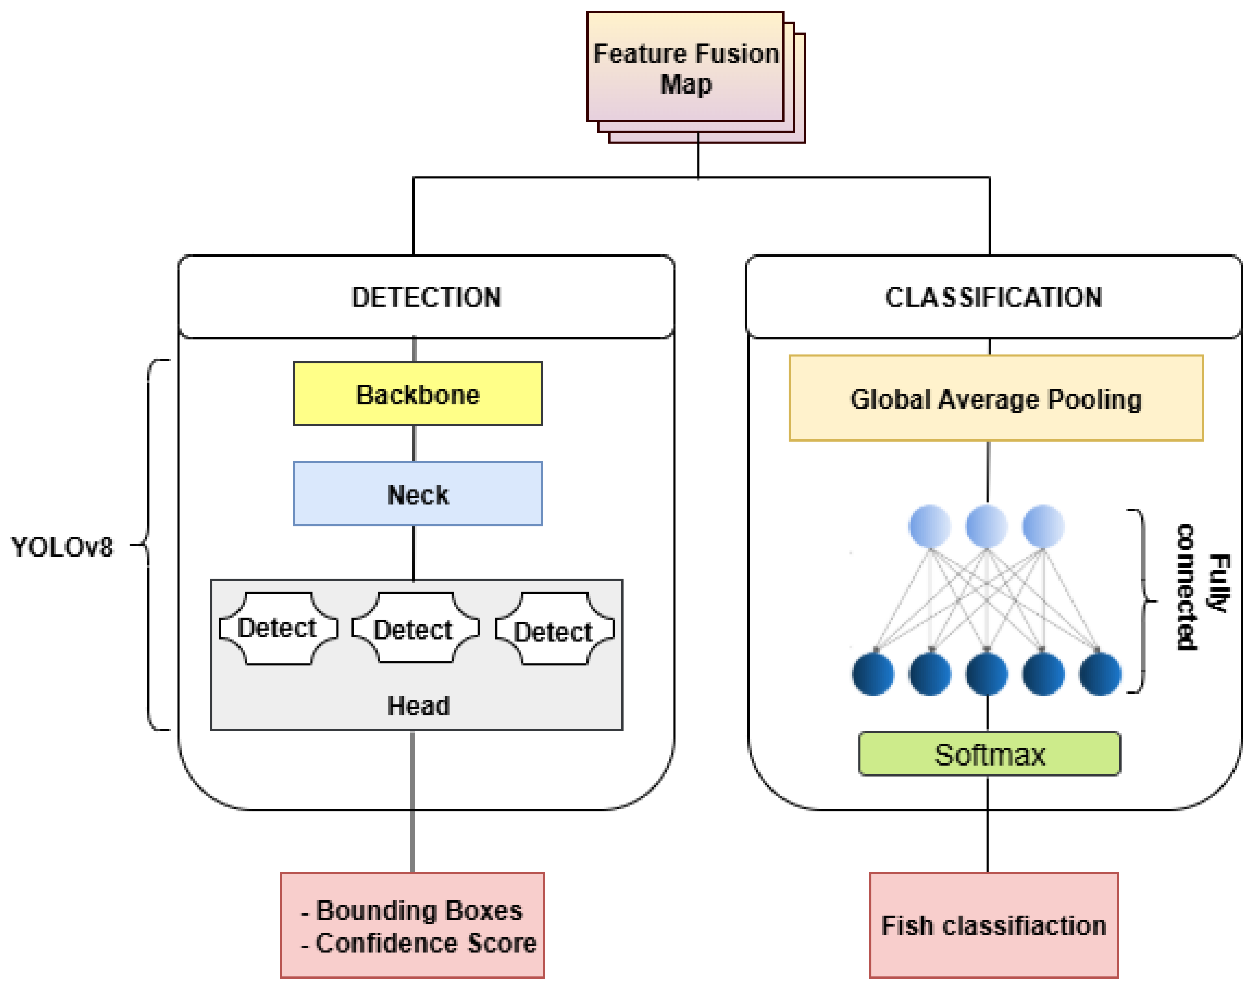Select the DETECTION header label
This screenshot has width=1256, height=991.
[x=426, y=297]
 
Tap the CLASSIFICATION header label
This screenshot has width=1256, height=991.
[x=993, y=297]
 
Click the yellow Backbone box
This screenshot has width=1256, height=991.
[x=418, y=394]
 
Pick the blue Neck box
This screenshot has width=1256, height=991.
[x=418, y=494]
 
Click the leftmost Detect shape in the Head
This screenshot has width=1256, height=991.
[x=278, y=628]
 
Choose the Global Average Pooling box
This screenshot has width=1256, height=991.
[x=996, y=399]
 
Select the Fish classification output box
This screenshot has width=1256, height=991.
[x=993, y=925]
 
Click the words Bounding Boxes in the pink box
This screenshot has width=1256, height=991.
[x=419, y=911]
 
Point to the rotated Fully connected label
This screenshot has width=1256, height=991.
[x=1202, y=586]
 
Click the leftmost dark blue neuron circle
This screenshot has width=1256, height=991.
[x=873, y=674]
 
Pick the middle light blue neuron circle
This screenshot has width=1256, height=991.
[x=986, y=526]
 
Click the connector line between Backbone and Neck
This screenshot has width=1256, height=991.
[x=414, y=444]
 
